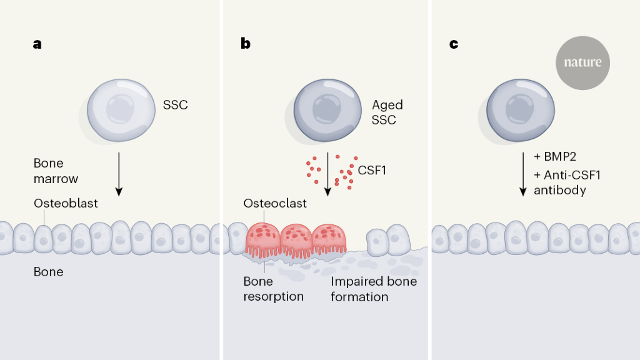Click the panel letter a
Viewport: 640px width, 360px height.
[37, 44]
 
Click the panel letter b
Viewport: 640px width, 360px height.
[246, 44]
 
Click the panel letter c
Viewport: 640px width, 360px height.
[454, 44]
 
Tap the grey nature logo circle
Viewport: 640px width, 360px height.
[582, 62]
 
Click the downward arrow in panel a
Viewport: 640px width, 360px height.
[119, 172]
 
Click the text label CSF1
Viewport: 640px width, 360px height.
[372, 169]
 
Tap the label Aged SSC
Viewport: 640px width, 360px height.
[387, 112]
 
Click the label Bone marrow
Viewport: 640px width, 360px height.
[56, 171]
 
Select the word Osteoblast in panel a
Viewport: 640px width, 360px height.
[66, 203]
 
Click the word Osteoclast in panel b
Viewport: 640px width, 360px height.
[275, 203]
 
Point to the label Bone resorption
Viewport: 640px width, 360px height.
[273, 289]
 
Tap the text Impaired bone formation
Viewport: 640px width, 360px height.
[374, 289]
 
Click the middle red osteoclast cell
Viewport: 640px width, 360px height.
[296, 239]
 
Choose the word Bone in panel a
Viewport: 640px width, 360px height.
[48, 272]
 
